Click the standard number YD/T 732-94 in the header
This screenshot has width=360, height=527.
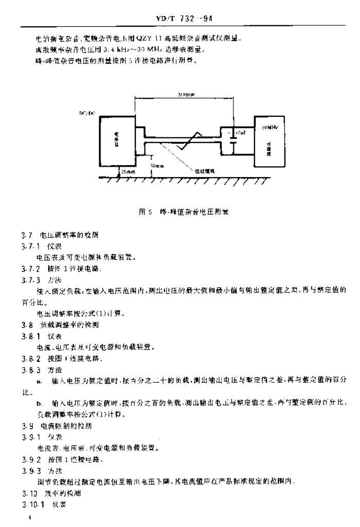184,20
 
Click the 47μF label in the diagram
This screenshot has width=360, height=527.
240,133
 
